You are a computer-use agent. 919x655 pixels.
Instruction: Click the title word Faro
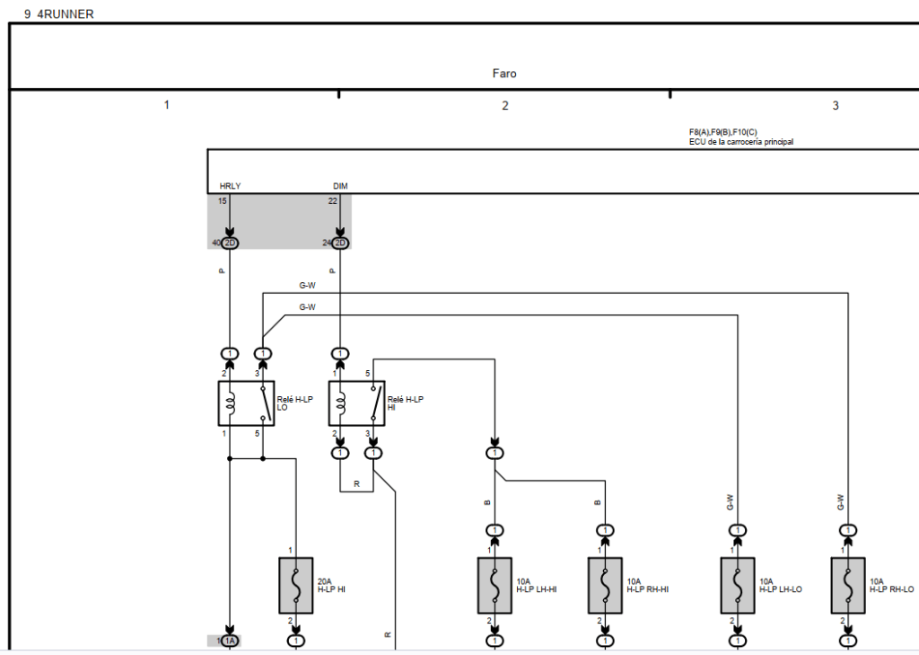click(x=504, y=74)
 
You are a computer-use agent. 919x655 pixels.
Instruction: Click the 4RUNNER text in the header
click(x=66, y=14)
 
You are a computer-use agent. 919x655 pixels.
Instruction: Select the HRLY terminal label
click(x=230, y=187)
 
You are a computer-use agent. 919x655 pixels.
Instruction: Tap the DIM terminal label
click(x=340, y=187)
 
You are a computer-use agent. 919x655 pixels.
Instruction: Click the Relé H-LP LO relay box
click(x=246, y=403)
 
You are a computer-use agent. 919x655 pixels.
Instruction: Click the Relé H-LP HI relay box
click(x=356, y=403)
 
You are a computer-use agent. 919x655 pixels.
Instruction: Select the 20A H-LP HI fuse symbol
click(x=296, y=586)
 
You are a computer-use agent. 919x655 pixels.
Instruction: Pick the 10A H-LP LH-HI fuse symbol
click(x=495, y=586)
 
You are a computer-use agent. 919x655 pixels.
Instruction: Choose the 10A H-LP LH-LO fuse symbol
click(x=738, y=586)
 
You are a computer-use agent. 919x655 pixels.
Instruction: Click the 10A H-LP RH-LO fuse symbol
click(x=848, y=586)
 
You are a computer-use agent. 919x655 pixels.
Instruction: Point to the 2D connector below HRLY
click(x=230, y=243)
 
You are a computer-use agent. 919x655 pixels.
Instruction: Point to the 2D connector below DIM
click(x=340, y=243)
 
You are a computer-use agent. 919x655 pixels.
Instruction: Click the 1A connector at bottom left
click(x=230, y=641)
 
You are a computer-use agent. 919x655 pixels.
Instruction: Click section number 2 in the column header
click(x=504, y=106)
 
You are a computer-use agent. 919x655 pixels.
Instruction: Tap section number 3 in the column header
click(x=836, y=106)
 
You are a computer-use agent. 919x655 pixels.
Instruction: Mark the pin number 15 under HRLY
click(x=223, y=201)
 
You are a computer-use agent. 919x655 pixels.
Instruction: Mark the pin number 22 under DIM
click(x=332, y=201)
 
